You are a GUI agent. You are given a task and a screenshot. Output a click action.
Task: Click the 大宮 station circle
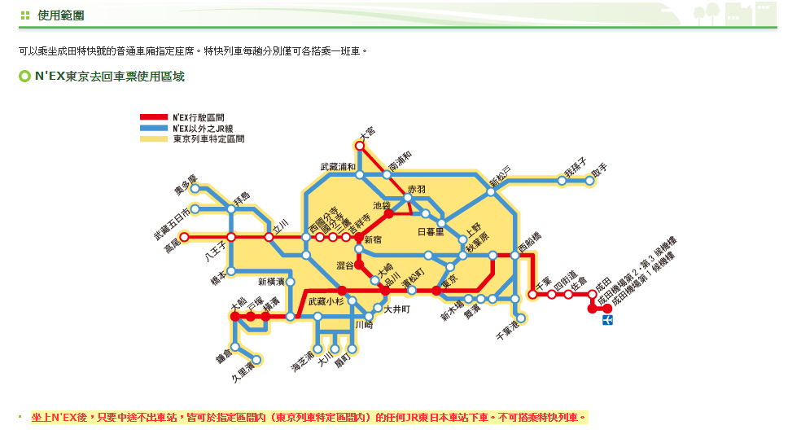[359, 145]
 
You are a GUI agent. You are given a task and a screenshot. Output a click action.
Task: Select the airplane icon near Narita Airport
[607, 321]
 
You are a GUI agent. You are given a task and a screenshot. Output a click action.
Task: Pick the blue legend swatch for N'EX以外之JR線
[154, 129]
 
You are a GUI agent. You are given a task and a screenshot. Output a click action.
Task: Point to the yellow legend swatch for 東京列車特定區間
[154, 139]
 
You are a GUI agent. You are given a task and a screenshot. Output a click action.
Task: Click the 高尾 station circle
[184, 237]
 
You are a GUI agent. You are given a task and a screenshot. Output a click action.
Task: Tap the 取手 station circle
[591, 181]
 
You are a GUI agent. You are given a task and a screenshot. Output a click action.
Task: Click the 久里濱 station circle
[256, 359]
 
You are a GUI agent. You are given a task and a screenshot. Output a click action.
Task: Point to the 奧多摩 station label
[186, 185]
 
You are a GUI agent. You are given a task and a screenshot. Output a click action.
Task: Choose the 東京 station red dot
[436, 290]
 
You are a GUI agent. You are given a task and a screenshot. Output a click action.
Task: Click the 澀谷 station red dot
[359, 265]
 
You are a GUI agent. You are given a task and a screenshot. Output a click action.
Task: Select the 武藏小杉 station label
[338, 302]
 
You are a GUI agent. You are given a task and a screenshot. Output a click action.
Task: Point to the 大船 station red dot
[234, 315]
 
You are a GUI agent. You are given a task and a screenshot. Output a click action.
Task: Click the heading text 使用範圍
[60, 15]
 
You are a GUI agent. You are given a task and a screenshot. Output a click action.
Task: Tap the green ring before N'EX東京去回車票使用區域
[24, 77]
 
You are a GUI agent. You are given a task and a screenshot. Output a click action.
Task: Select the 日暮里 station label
[431, 232]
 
